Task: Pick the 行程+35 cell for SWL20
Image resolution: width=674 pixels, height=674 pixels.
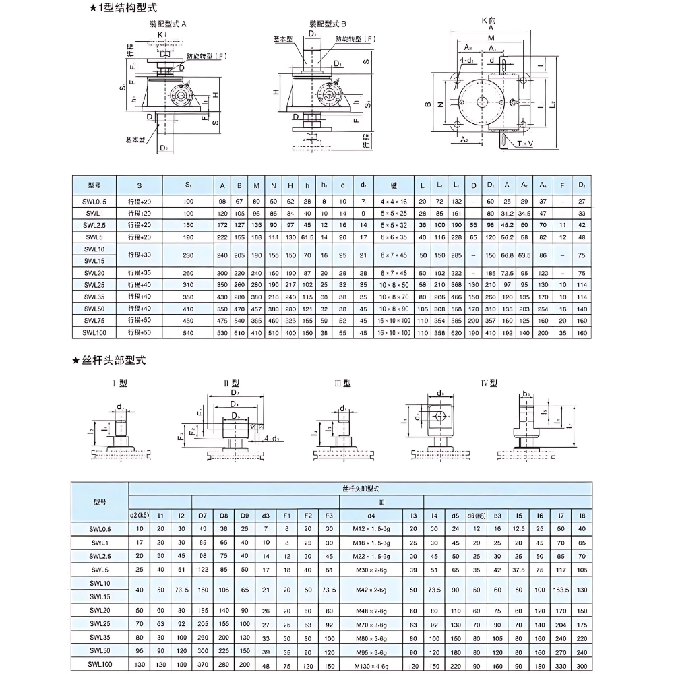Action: (140, 272)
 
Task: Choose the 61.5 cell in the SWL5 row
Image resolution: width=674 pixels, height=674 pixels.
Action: (307, 237)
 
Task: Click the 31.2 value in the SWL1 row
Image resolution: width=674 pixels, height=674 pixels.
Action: (507, 213)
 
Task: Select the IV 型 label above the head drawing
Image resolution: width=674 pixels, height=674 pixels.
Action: (489, 383)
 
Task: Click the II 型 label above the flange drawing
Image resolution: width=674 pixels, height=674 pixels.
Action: (231, 383)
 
